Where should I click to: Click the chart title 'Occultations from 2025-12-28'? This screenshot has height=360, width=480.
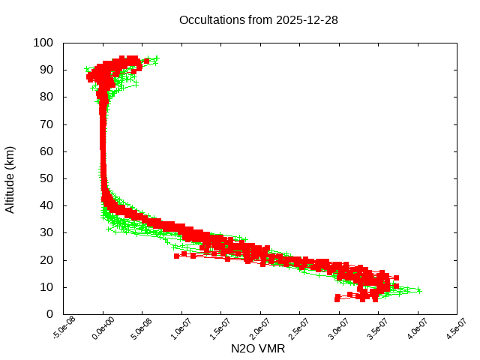pos(259,19)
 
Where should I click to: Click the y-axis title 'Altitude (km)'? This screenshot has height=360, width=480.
pos(10,178)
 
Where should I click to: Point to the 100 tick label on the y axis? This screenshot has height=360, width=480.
pos(43,43)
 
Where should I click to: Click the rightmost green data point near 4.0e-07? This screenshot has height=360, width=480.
pos(419,291)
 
